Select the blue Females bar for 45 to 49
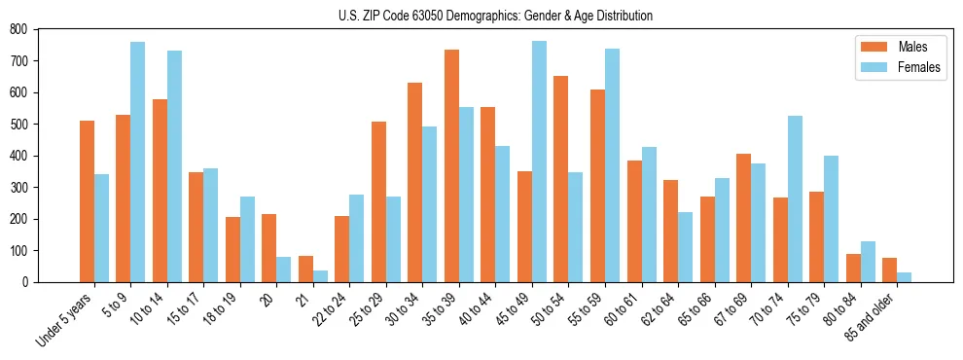pyautogui.click(x=539, y=162)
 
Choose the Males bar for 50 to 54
pyautogui.click(x=561, y=179)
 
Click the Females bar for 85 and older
pyautogui.click(x=905, y=277)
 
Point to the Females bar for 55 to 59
pyautogui.click(x=612, y=165)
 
